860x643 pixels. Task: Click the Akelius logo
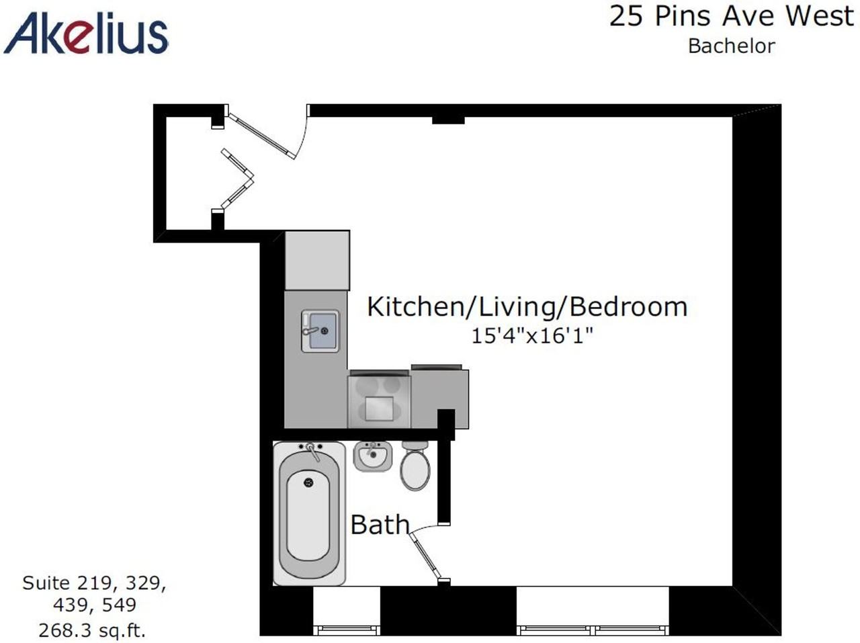pos(86,34)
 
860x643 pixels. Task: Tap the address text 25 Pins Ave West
pos(731,16)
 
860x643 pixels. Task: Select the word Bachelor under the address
pos(731,46)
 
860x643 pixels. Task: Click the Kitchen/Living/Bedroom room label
pos(527,306)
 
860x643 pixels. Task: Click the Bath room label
pos(380,525)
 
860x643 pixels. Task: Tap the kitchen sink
pos(319,331)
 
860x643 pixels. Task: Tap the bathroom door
pos(426,556)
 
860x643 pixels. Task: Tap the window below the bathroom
pos(347,630)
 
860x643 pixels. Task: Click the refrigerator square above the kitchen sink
pos(317,261)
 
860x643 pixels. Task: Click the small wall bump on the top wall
pos(448,120)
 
